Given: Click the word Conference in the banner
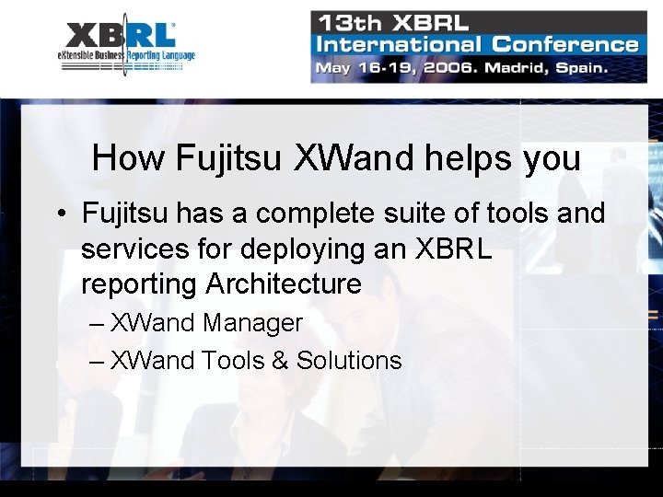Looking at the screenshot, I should click(564, 43).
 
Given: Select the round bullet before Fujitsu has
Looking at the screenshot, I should click(60, 214).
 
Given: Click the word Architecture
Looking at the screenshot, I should click(284, 283).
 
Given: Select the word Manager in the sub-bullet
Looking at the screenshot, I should click(252, 323).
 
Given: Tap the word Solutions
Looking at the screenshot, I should click(349, 360).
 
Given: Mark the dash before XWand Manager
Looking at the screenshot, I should click(98, 323).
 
